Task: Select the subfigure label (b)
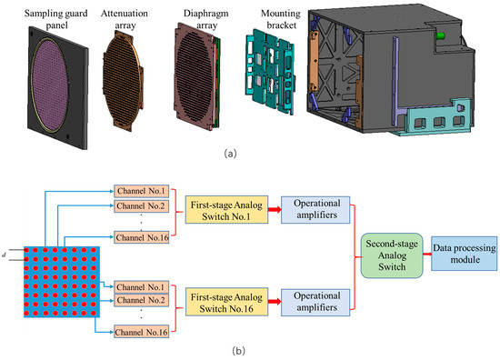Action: coord(251,348)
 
